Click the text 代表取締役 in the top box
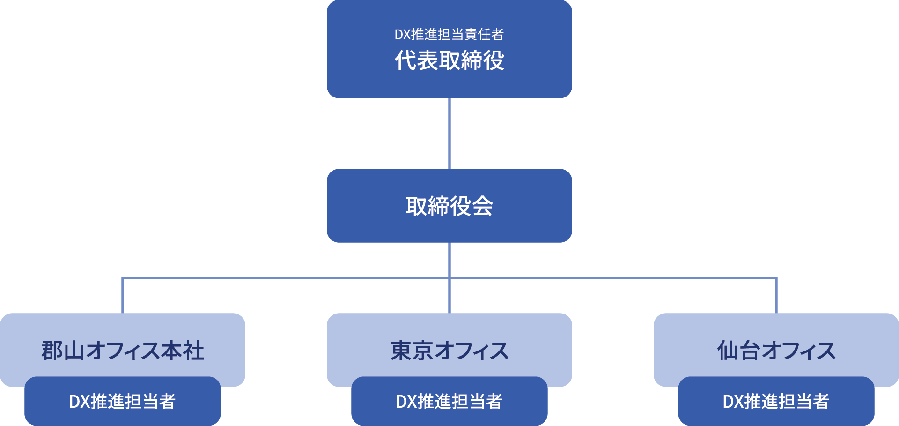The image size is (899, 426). pos(449,60)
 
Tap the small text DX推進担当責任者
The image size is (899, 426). pos(449,34)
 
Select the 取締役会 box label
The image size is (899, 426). pos(449,206)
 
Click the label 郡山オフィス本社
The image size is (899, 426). pos(123,351)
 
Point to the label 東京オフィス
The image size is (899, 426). pos(449,351)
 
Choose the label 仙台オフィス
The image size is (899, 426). pos(776,351)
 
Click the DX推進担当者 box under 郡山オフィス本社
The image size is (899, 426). pos(123,402)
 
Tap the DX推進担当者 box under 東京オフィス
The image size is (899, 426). pos(449,402)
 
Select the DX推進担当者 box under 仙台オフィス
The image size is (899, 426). pos(776,402)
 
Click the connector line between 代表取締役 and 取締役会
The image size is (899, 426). pos(449,134)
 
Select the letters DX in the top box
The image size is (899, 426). pos(402,34)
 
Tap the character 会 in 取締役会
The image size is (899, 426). pos(482,206)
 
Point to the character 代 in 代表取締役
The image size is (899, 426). pos(405,60)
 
